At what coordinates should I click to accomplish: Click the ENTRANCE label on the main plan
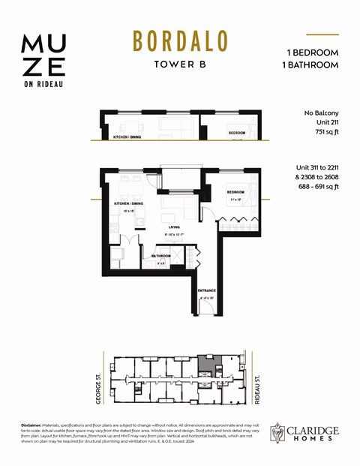point(207,290)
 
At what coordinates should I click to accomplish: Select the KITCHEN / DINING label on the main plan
point(128,204)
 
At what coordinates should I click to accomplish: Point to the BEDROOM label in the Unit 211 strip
point(238,133)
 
